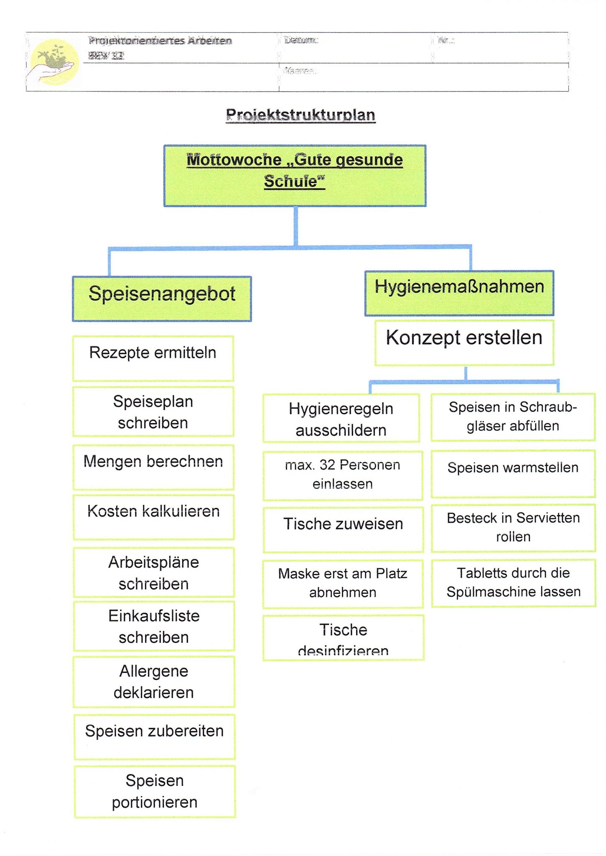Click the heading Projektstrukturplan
tap(300, 115)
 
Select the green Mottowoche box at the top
tap(295, 176)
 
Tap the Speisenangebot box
tap(162, 298)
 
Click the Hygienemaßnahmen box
tap(459, 293)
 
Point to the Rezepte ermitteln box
tap(153, 358)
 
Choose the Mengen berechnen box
tap(153, 467)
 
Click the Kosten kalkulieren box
tap(153, 517)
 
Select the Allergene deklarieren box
tap(154, 682)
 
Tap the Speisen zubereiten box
tap(154, 736)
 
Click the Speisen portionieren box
tap(155, 791)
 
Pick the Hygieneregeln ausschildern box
tap(341, 418)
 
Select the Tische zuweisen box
tap(343, 529)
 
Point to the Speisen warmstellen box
tap(513, 473)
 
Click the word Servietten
tap(548, 518)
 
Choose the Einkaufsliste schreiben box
tap(154, 626)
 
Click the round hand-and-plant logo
tap(53, 62)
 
